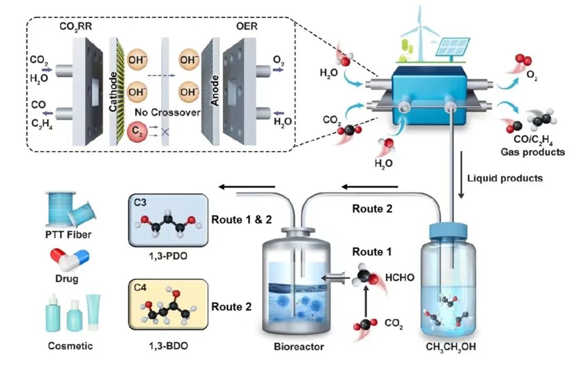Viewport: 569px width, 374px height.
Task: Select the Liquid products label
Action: tap(505, 178)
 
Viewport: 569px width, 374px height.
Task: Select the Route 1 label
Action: tap(372, 252)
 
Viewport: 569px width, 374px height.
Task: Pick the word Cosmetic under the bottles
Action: tap(70, 346)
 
